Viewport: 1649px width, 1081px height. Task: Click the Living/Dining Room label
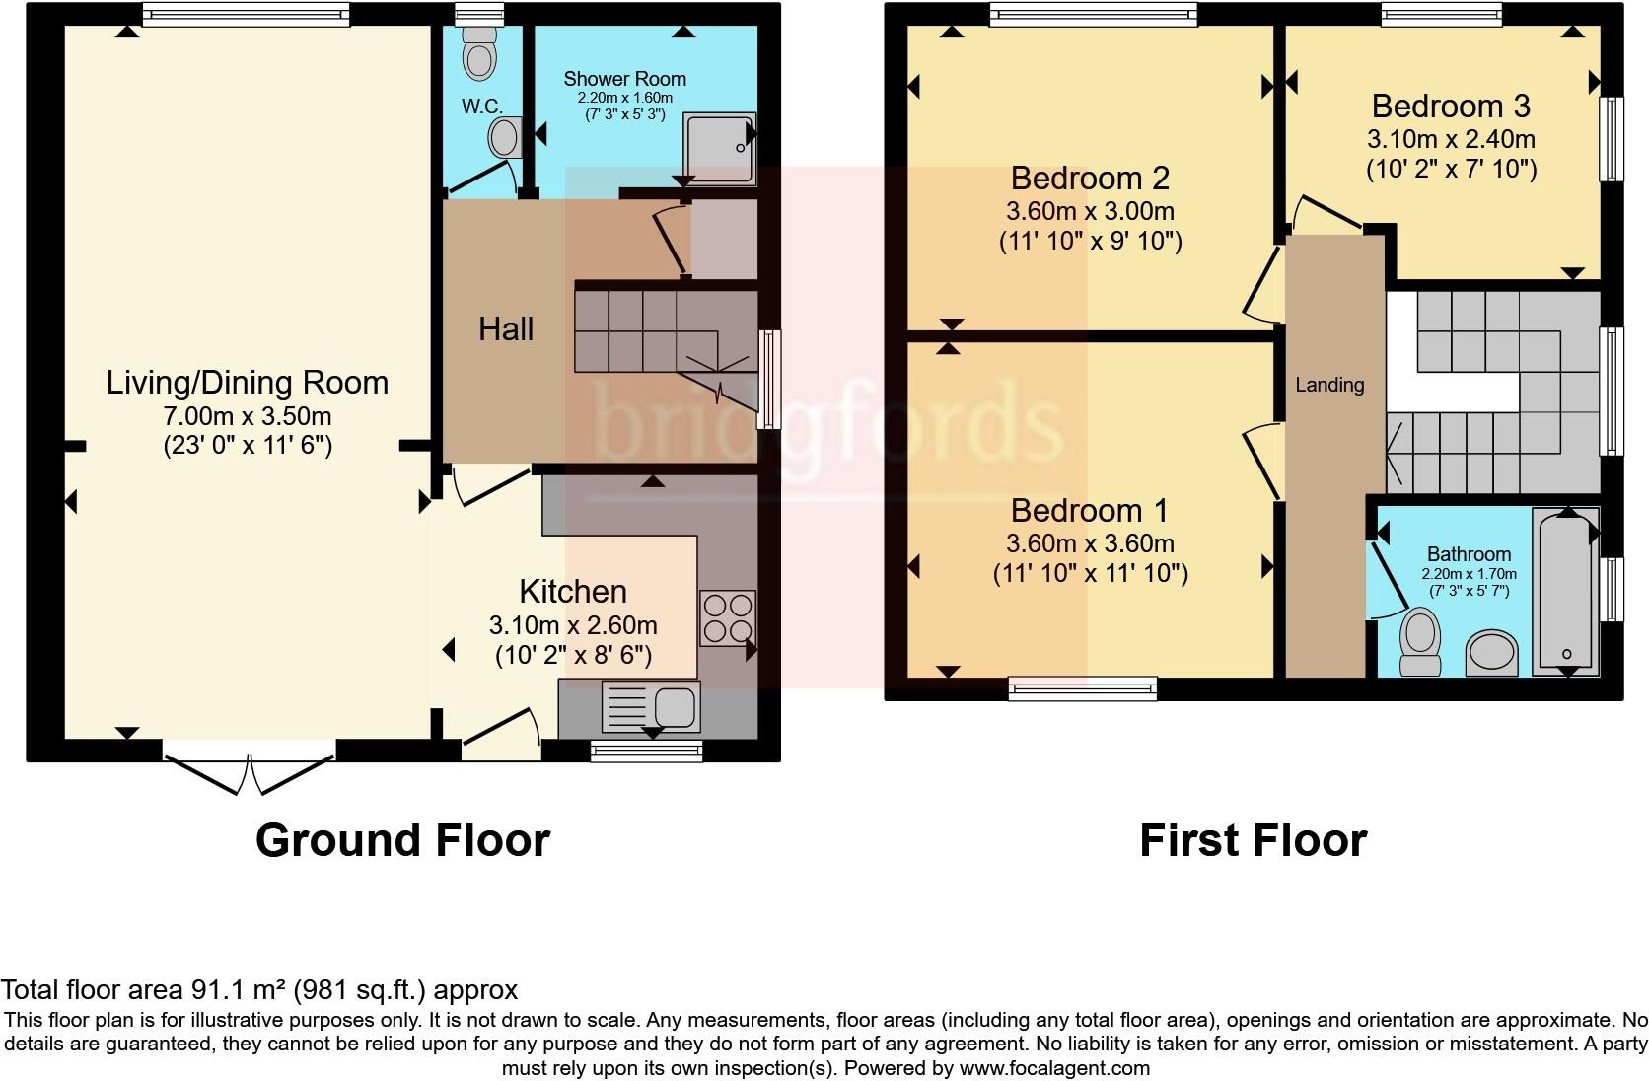pyautogui.click(x=247, y=383)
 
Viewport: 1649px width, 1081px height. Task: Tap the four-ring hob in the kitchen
pyautogui.click(x=727, y=617)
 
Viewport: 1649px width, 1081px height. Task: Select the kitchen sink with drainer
pyautogui.click(x=650, y=707)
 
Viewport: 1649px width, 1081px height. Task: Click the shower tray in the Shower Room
pyautogui.click(x=720, y=148)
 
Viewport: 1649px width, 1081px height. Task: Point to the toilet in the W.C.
pyautogui.click(x=480, y=54)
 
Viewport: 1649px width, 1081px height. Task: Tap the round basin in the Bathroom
pyautogui.click(x=1491, y=653)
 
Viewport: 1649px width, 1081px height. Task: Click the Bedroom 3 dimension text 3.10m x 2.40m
pyautogui.click(x=1451, y=139)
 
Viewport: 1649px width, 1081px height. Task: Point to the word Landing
pyautogui.click(x=1329, y=385)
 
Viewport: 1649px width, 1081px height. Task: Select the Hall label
pyautogui.click(x=506, y=329)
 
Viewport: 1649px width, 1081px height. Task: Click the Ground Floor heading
pyautogui.click(x=402, y=840)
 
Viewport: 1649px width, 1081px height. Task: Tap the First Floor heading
pyautogui.click(x=1253, y=840)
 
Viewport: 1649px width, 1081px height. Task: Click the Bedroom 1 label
pyautogui.click(x=1089, y=511)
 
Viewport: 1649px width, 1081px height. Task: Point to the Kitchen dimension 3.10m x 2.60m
pyautogui.click(x=573, y=625)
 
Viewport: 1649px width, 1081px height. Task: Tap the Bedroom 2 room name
pyautogui.click(x=1090, y=179)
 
